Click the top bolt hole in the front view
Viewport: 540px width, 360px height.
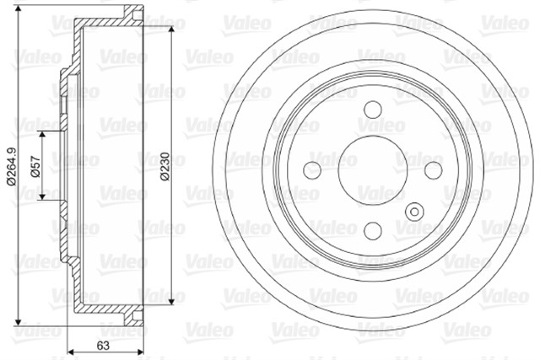pos(373,110)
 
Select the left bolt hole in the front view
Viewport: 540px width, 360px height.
pos(311,170)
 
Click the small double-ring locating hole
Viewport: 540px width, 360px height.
pos(414,212)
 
